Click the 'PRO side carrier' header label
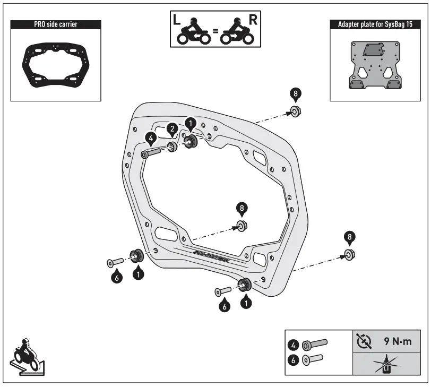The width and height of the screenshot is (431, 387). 55,24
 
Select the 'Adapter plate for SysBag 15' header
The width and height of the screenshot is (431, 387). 374,24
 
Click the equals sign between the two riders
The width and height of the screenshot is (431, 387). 215,31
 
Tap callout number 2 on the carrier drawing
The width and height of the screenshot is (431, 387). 172,129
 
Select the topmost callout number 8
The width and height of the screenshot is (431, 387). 295,94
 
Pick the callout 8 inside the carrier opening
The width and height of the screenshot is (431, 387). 242,208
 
